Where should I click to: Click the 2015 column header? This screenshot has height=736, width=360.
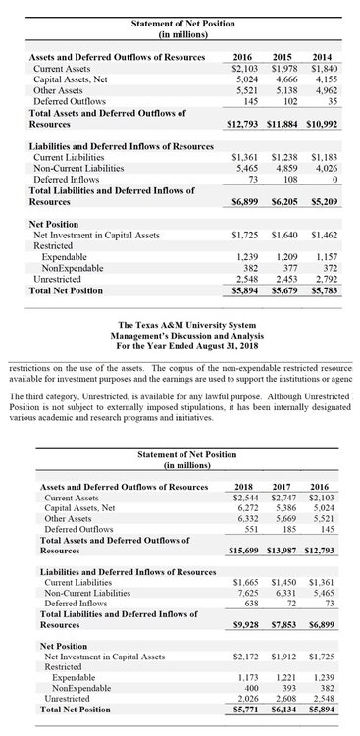(283, 58)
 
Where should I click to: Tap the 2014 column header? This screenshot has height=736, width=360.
(323, 58)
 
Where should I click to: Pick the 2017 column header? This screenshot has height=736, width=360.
(283, 487)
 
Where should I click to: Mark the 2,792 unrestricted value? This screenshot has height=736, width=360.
(325, 279)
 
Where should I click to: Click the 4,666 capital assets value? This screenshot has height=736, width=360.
(285, 79)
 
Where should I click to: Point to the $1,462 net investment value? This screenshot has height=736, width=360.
(324, 236)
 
